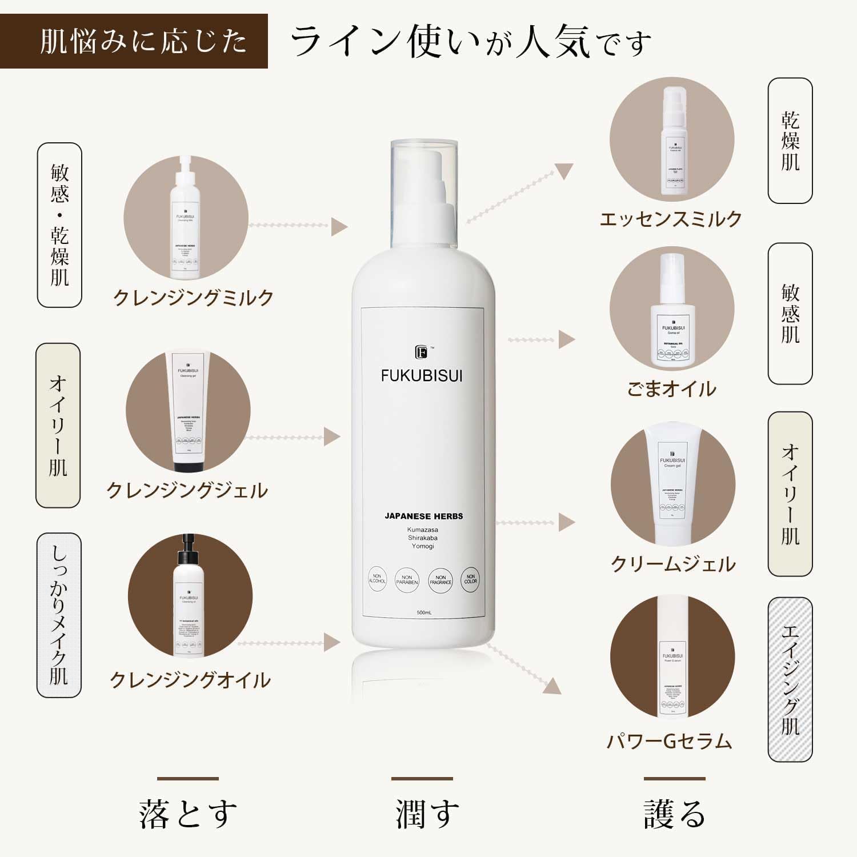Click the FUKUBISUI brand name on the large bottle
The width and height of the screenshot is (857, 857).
[x=422, y=376]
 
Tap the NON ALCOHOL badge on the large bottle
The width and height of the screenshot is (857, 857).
[x=377, y=579]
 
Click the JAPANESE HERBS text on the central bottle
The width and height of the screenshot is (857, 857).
[x=423, y=516]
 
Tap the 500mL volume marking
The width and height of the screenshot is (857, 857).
[x=424, y=612]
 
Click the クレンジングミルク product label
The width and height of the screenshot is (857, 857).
[x=194, y=298]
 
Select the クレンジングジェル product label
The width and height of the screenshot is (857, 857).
[x=187, y=490]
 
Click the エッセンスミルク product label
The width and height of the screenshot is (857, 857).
[x=671, y=219]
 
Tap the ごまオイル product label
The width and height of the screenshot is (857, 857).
[x=671, y=389]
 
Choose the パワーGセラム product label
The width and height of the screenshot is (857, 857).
[x=669, y=741]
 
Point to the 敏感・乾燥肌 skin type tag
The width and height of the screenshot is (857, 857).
[x=59, y=225]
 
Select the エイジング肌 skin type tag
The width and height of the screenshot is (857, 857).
[x=790, y=679]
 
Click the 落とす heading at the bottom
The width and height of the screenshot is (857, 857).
[x=188, y=814]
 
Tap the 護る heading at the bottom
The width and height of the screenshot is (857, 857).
[x=675, y=814]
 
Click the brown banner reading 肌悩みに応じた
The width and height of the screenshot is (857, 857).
[x=134, y=41]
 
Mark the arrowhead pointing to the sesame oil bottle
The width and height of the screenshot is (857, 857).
[x=566, y=339]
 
